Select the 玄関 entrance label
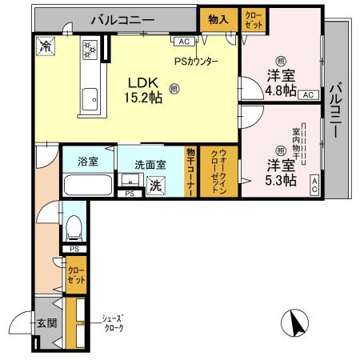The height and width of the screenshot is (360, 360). point(46,324)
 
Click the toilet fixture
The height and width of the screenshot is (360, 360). point(74,227)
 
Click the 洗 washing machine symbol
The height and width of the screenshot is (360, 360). point(156,184)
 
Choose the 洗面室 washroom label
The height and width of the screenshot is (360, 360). point(150,163)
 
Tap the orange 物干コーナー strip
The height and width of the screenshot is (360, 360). point(191,170)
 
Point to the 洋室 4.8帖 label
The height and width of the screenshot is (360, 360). point(280,86)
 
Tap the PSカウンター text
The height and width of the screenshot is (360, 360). point(196,62)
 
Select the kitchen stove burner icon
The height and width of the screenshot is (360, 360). point(90,50)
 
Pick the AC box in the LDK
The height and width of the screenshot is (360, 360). point(183,41)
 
